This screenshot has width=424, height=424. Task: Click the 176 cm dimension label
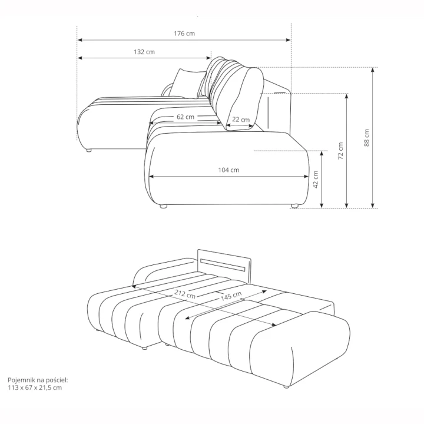pyautogui.click(x=184, y=34)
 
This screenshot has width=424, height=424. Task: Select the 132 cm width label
pyautogui.click(x=144, y=52)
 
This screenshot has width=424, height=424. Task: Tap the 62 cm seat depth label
pyautogui.click(x=185, y=117)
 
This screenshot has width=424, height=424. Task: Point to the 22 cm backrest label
pyautogui.click(x=241, y=119)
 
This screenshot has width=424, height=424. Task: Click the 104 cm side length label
pyautogui.click(x=228, y=170)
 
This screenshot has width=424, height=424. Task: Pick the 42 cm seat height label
pyautogui.click(x=316, y=180)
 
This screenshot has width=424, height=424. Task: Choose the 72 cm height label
pyautogui.click(x=341, y=151)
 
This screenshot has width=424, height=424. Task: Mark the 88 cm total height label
pyautogui.click(x=367, y=138)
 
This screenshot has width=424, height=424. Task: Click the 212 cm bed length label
pyautogui.click(x=185, y=294)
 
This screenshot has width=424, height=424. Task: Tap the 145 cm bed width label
pyautogui.click(x=231, y=296)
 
